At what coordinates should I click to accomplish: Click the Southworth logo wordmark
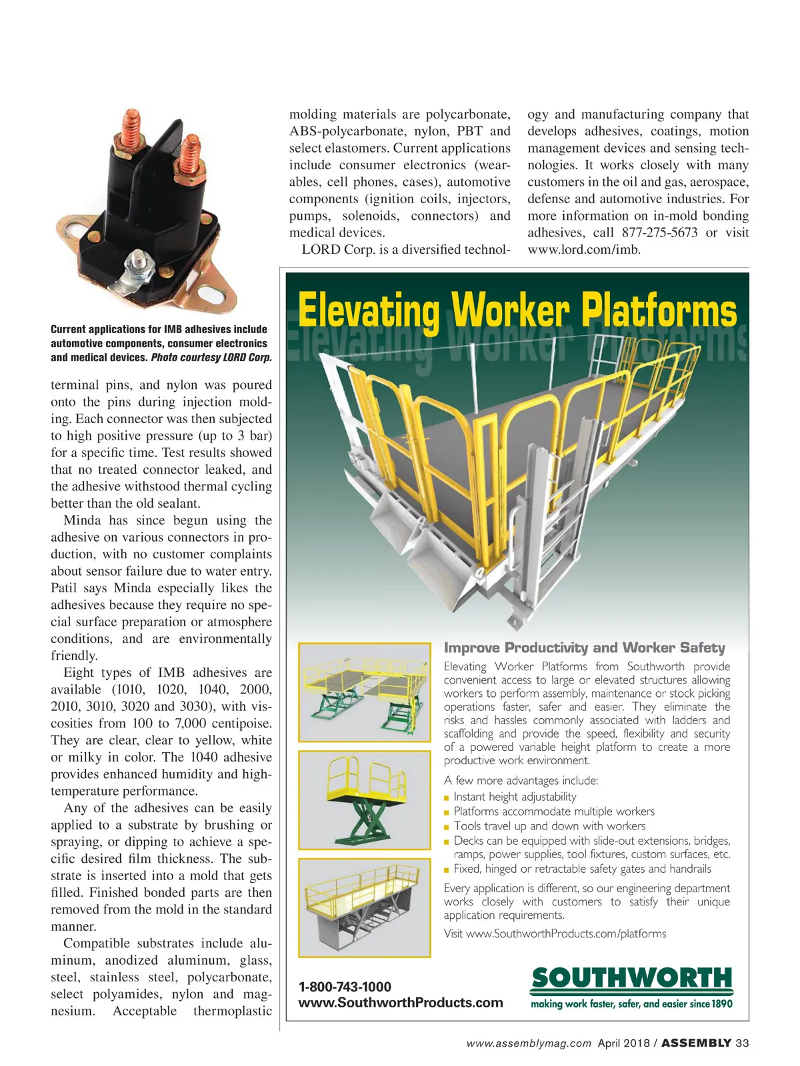(x=631, y=979)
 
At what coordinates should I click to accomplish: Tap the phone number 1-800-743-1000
(x=345, y=987)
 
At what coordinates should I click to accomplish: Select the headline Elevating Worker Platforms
(x=517, y=310)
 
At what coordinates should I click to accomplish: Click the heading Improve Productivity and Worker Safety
(x=584, y=648)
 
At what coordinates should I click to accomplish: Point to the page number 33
(x=742, y=1043)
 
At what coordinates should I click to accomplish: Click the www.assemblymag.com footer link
(x=529, y=1043)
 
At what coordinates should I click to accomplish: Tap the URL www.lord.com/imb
(x=584, y=250)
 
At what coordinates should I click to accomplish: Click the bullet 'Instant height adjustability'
(x=515, y=797)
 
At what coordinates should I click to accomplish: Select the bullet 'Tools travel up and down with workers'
(x=549, y=826)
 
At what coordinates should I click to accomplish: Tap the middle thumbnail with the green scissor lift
(x=364, y=799)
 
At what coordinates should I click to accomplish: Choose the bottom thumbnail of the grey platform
(x=364, y=907)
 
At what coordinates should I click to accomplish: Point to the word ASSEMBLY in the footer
(x=696, y=1043)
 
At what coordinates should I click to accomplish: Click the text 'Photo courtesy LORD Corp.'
(x=211, y=358)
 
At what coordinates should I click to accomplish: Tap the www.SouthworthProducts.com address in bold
(x=401, y=1003)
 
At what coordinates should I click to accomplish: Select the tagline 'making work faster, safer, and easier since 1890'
(x=631, y=1004)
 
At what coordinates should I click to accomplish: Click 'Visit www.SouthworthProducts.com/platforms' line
(x=555, y=934)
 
